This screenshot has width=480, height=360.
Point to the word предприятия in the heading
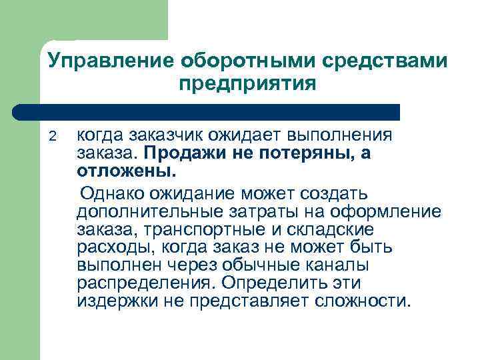point(247,85)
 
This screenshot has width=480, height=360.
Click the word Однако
point(116,194)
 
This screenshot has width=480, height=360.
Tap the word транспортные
point(199,230)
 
